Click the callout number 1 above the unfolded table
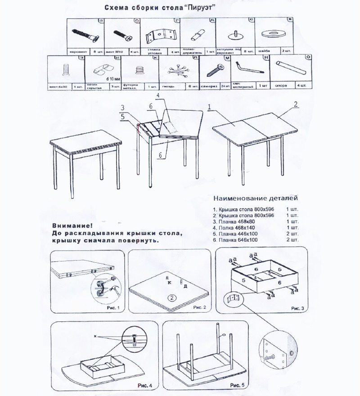tap(210, 107)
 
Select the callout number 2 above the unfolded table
tap(296, 104)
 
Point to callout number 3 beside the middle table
tap(122, 108)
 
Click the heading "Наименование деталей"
tap(255, 198)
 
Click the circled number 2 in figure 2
tap(171, 297)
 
